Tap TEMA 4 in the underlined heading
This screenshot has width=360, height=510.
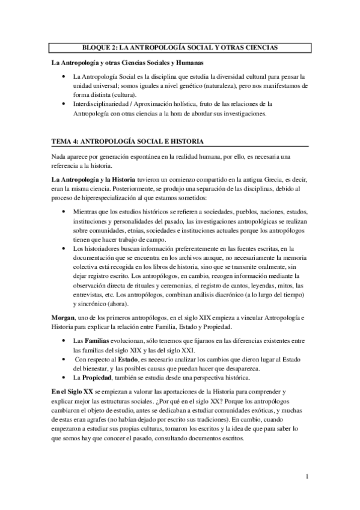point(66,141)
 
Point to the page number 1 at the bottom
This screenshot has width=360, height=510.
point(307,478)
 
